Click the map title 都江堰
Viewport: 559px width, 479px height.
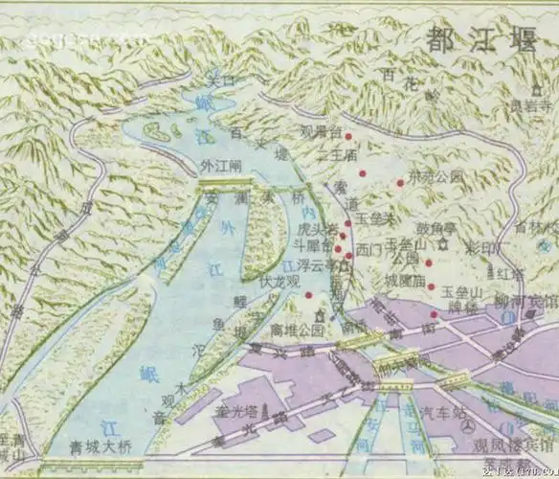[x=479, y=40]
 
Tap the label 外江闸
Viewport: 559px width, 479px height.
[x=221, y=164]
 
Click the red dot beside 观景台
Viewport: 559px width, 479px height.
[x=348, y=135]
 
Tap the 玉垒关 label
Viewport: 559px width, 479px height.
[x=375, y=219]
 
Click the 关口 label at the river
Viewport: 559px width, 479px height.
[x=221, y=81]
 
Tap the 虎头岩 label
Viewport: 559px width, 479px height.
[x=320, y=230]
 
